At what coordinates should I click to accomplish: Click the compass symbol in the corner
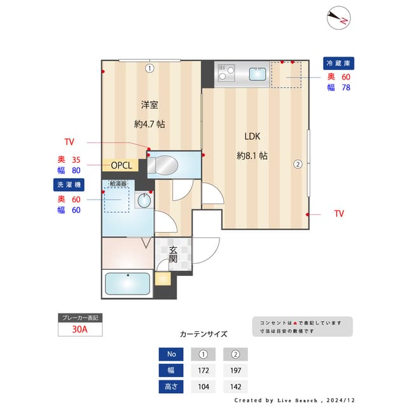pos(338,18)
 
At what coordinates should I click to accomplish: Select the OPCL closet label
pos(121,165)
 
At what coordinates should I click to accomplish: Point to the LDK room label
pos(252,136)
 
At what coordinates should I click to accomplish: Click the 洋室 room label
pos(149,105)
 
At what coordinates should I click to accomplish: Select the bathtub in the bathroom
pos(127,284)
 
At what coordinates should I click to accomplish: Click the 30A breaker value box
pos(80,329)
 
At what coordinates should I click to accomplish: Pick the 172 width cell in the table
pos(203,370)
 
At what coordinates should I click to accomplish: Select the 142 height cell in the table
pos(235,386)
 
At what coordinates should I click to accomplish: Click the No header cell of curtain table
pos(170,354)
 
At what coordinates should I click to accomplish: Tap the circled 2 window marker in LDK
pos(297,163)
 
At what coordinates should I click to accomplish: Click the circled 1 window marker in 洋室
pos(149,67)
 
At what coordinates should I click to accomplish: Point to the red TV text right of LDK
pos(338,214)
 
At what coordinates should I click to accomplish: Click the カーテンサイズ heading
pos(203,334)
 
